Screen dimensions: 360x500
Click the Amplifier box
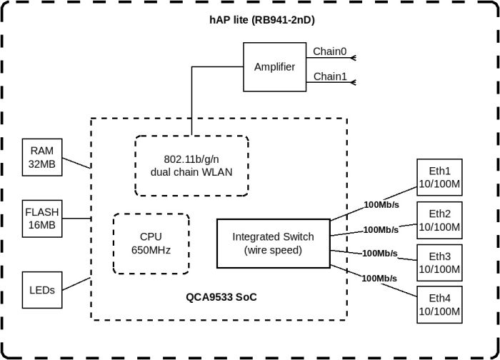tap(274, 67)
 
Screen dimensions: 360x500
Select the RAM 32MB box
tap(42, 157)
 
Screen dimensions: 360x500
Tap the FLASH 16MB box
tap(42, 219)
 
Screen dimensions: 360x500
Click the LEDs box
tap(42, 289)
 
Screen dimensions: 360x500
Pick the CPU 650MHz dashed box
tap(151, 243)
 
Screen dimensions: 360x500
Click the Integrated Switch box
tap(274, 243)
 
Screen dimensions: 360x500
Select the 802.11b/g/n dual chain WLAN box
tap(191, 165)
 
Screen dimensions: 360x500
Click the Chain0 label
tap(329, 51)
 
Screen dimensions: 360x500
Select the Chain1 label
tap(329, 76)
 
